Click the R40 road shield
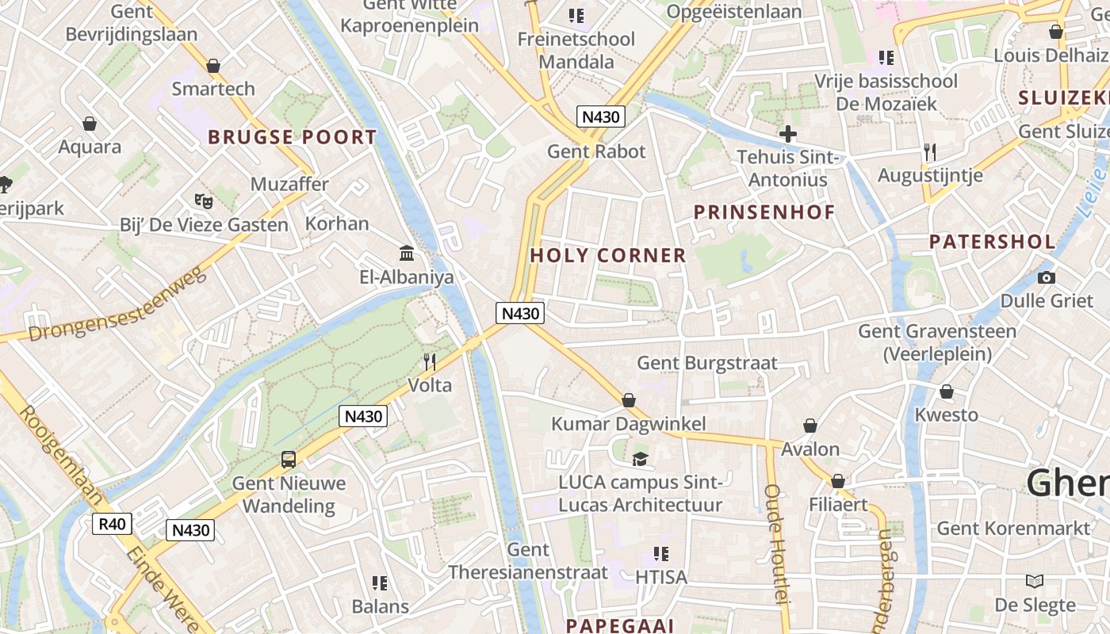pyautogui.click(x=112, y=523)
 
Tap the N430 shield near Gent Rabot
pyautogui.click(x=600, y=116)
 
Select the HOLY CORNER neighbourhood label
pyautogui.click(x=608, y=255)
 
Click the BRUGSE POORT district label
pyautogui.click(x=292, y=137)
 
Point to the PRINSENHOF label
pyautogui.click(x=764, y=212)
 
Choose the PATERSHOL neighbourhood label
pyautogui.click(x=992, y=242)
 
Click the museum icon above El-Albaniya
pyautogui.click(x=407, y=253)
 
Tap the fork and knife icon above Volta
pyautogui.click(x=430, y=362)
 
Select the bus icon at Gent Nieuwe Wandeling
pyautogui.click(x=289, y=460)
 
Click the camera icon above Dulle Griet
pyautogui.click(x=1046, y=277)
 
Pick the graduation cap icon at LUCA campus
pyautogui.click(x=639, y=459)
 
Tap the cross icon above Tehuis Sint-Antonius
pyautogui.click(x=787, y=133)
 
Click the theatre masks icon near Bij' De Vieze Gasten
pyautogui.click(x=204, y=201)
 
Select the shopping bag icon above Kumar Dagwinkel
pyautogui.click(x=628, y=400)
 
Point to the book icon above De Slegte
pyautogui.click(x=1034, y=581)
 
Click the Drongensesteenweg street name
pyautogui.click(x=117, y=305)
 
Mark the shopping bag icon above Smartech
pyautogui.click(x=212, y=65)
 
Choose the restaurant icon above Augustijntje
pyautogui.click(x=930, y=151)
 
